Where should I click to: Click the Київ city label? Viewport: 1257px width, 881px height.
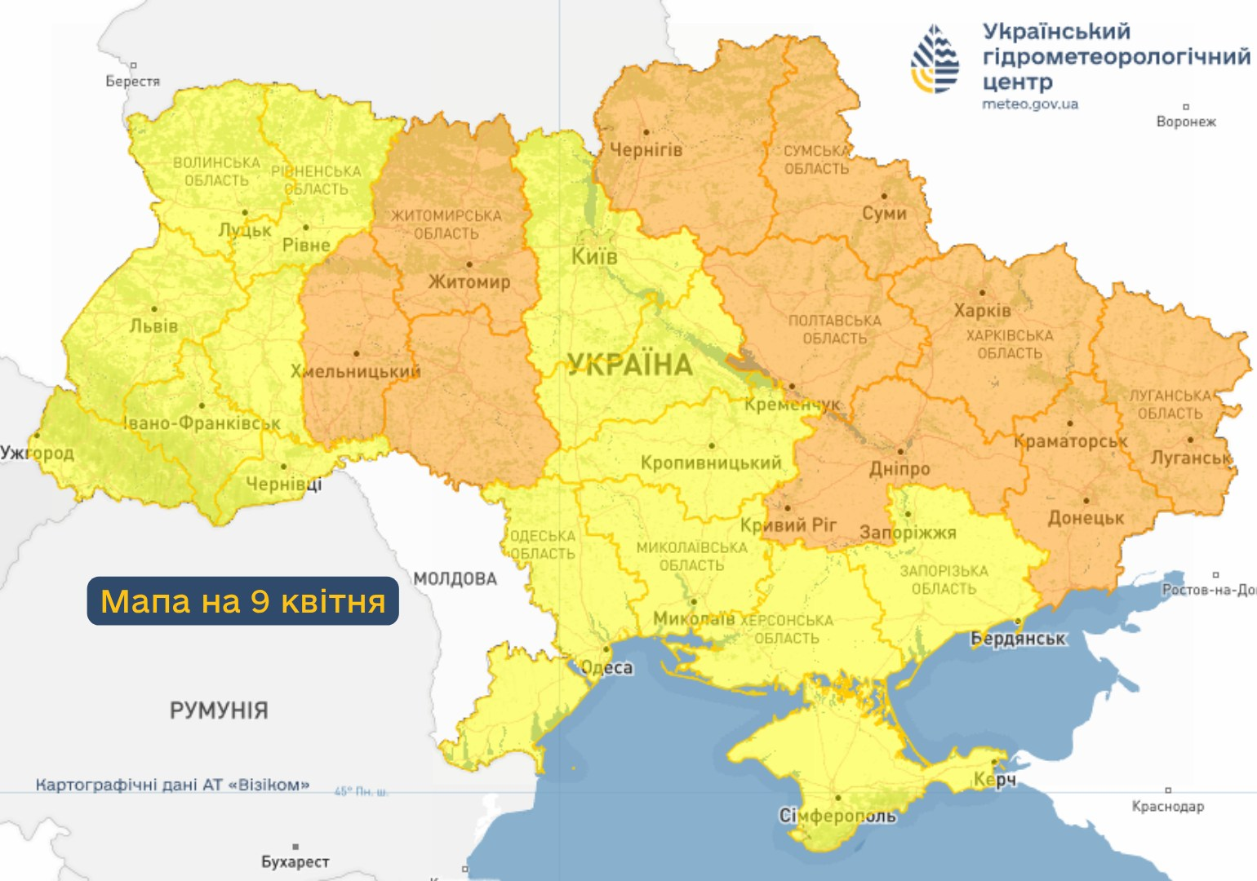click(593, 256)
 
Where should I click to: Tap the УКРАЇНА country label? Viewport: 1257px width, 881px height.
click(630, 365)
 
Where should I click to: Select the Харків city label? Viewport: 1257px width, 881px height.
click(982, 311)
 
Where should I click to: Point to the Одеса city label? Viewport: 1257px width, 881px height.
click(606, 667)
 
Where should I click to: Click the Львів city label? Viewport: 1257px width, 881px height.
click(153, 326)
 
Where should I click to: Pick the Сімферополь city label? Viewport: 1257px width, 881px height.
click(837, 816)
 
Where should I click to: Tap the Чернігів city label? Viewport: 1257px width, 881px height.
click(646, 149)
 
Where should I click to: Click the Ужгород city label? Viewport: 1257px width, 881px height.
click(37, 453)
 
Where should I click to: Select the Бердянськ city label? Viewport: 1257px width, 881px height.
click(1018, 639)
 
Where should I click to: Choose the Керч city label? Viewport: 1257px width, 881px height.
click(994, 780)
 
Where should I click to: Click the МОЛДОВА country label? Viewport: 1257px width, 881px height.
click(455, 579)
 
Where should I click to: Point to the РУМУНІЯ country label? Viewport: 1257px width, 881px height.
click(219, 711)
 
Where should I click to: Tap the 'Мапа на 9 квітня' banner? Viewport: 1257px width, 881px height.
click(242, 601)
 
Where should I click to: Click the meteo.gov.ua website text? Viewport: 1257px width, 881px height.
click(1029, 104)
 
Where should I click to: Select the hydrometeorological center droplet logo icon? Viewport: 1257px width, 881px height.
click(935, 59)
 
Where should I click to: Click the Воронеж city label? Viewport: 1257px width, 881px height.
click(1185, 122)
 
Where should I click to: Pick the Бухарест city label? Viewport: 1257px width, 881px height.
click(295, 861)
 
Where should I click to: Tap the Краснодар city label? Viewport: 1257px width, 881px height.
click(1167, 806)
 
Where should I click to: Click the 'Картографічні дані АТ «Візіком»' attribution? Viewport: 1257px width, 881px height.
click(172, 785)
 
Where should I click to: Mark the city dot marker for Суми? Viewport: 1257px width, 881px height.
click(884, 196)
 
